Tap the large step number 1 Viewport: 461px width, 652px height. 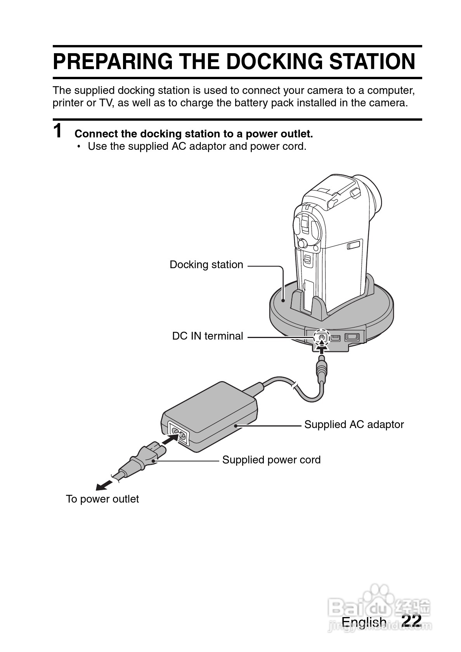click(58, 131)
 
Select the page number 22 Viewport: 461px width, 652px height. click(411, 621)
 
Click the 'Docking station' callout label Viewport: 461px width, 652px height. click(206, 265)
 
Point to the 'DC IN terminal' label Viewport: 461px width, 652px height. click(207, 336)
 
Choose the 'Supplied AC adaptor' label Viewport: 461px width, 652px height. click(354, 425)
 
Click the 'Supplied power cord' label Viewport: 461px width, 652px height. click(271, 460)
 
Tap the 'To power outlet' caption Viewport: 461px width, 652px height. click(102, 499)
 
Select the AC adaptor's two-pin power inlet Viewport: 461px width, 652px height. click(178, 432)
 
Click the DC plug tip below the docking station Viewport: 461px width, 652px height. click(322, 369)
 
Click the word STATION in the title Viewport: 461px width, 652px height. click(372, 61)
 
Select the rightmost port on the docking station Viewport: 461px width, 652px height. click(352, 337)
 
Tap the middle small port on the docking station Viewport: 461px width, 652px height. click(336, 338)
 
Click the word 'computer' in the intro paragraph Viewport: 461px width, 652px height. click(390, 90)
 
